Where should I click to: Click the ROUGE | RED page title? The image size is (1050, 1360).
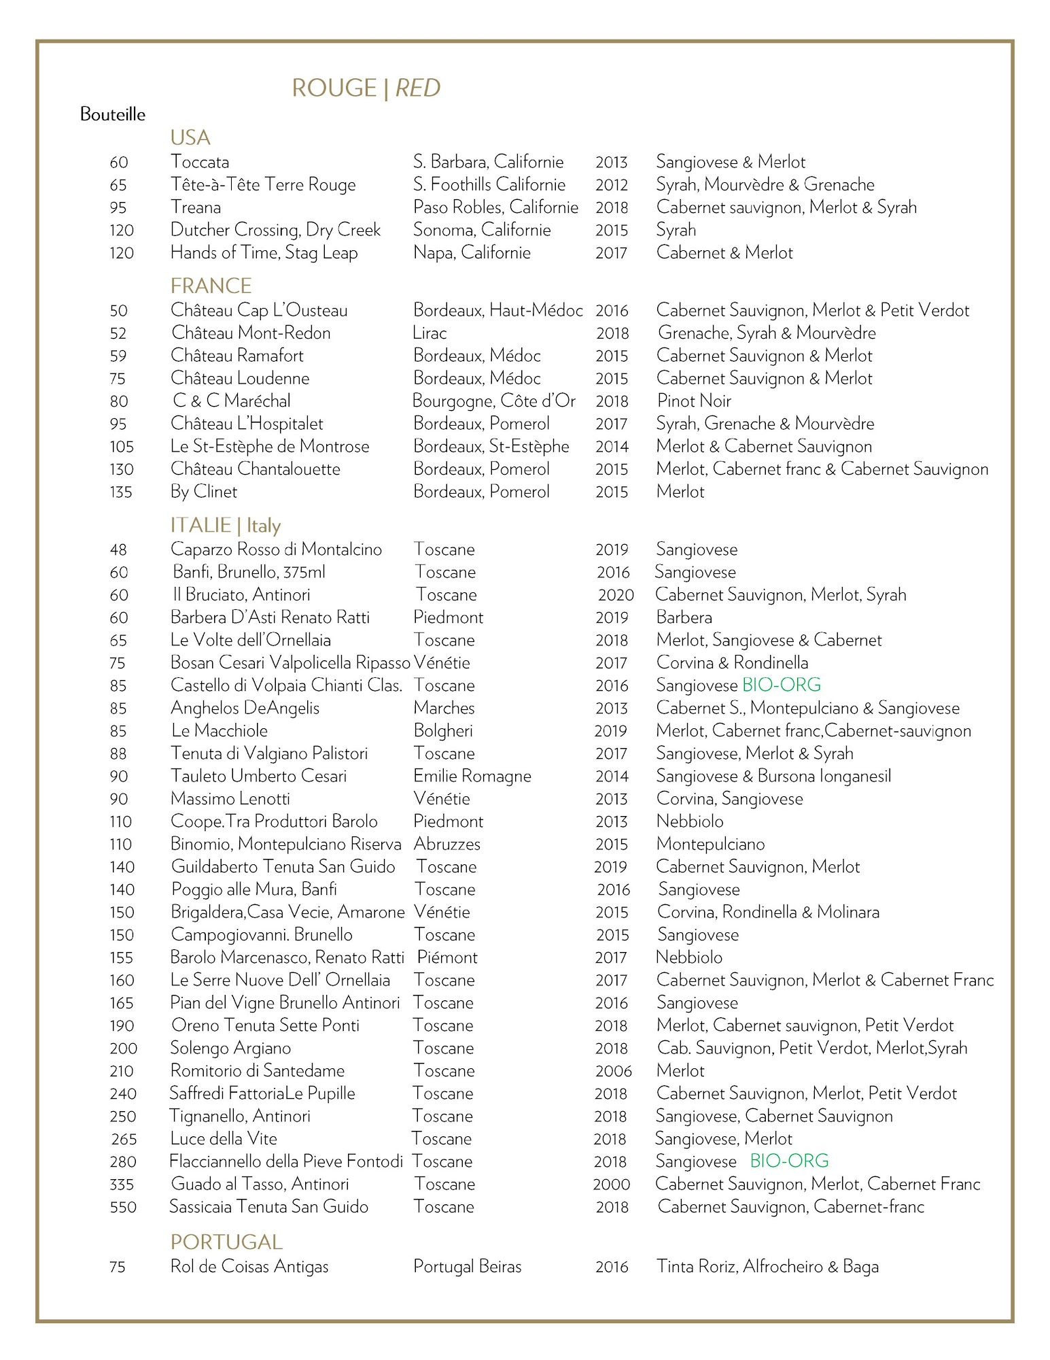[x=366, y=88]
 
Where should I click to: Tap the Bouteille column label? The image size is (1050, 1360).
[x=113, y=114]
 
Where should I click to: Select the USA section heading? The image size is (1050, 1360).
[x=190, y=137]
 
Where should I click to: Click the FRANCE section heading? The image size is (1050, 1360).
[x=211, y=286]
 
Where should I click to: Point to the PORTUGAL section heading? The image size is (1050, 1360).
[x=226, y=1242]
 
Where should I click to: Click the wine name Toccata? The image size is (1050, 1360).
[x=200, y=162]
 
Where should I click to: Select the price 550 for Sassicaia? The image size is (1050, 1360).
[x=123, y=1207]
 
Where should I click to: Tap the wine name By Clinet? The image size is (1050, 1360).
[x=204, y=492]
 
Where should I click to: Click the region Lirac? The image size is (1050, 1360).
[x=430, y=333]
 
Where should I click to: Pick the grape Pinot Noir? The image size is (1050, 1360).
[x=694, y=401]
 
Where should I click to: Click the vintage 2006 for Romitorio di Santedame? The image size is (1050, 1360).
[x=613, y=1071]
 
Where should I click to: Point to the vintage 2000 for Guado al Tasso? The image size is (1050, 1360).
[x=612, y=1185]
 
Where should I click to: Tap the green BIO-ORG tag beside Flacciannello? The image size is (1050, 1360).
[x=789, y=1161]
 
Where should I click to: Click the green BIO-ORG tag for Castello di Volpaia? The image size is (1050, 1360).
[x=782, y=685]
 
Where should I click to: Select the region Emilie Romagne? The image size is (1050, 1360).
[x=472, y=776]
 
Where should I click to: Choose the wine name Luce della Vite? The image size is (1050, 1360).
[x=224, y=1138]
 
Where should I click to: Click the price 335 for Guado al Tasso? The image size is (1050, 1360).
[x=122, y=1185]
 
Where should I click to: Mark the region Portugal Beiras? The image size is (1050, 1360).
[x=468, y=1266]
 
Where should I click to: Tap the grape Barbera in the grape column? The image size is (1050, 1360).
[x=684, y=617]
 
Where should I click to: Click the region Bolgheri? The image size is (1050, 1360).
[x=443, y=730]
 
